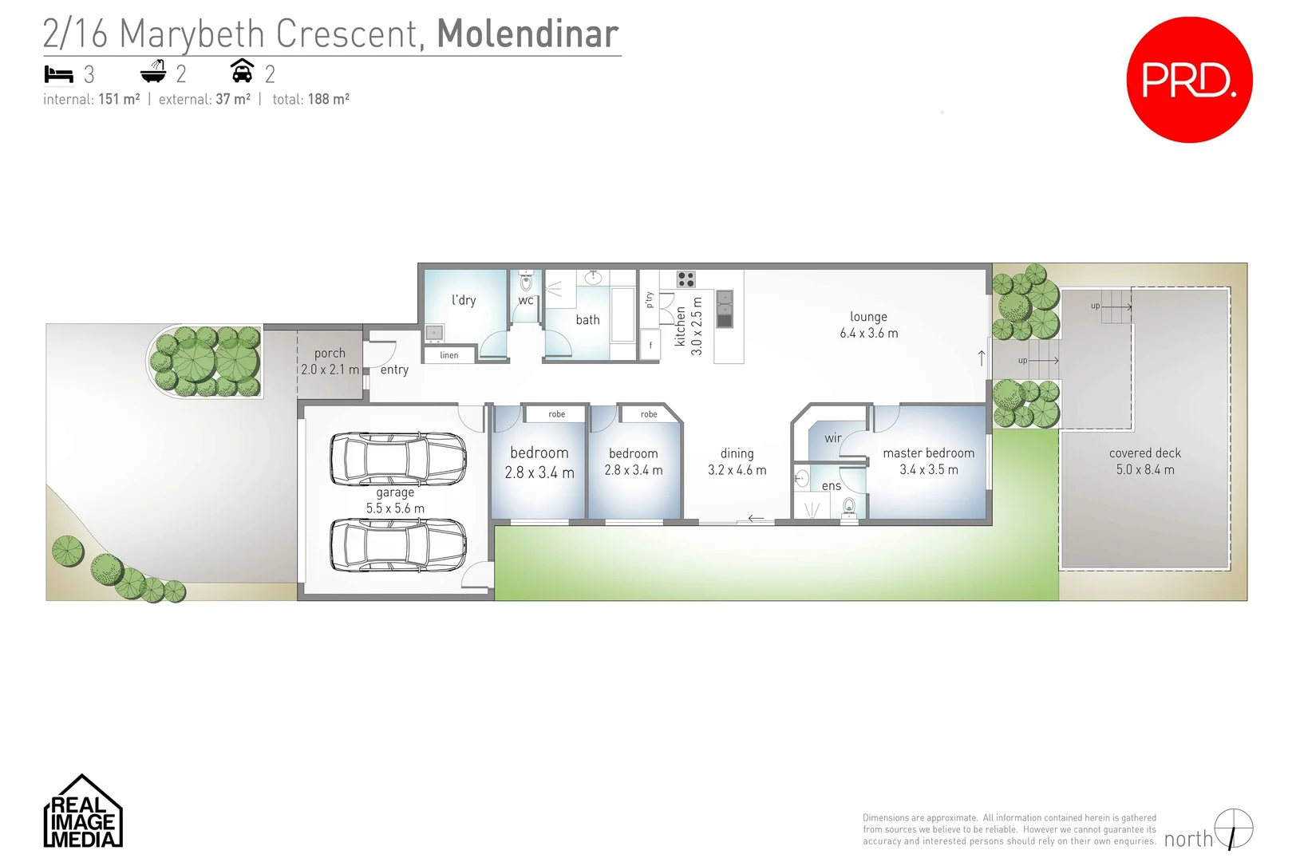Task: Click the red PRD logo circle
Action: click(x=1188, y=80)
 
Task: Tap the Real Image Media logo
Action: click(x=82, y=813)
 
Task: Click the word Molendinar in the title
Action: click(x=527, y=34)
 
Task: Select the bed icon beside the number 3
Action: click(x=58, y=74)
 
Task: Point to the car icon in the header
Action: click(x=242, y=71)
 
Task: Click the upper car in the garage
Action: click(x=398, y=459)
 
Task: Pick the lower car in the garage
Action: click(x=398, y=545)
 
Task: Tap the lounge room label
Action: click(x=868, y=317)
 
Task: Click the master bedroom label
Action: click(x=928, y=453)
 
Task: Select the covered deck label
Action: click(x=1144, y=453)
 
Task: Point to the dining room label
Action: click(x=737, y=453)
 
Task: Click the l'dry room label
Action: click(x=464, y=300)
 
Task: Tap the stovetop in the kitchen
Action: click(x=686, y=279)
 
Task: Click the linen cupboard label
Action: click(x=449, y=355)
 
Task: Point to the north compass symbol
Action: click(x=1233, y=828)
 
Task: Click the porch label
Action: click(x=330, y=353)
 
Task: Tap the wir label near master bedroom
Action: click(x=833, y=437)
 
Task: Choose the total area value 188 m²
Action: click(x=329, y=99)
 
